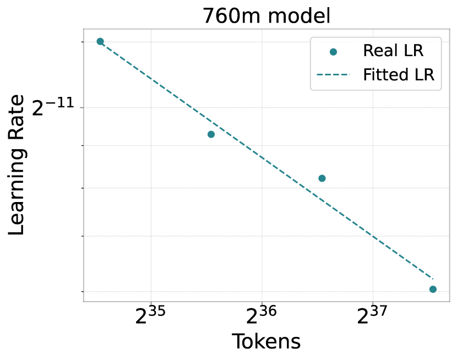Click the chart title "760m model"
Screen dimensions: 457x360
coord(266,16)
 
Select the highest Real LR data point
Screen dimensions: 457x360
coord(100,41)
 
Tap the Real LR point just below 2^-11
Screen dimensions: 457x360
coord(211,134)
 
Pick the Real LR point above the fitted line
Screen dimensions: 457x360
coord(322,178)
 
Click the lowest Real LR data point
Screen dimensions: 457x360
coord(433,289)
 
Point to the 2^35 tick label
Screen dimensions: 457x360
coord(150,315)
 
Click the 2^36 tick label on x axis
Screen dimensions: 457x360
coord(261,315)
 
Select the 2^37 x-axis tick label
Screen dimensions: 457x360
coord(372,315)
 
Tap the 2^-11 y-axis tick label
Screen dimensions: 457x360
coord(53,107)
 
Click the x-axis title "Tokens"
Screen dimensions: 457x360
coord(266,341)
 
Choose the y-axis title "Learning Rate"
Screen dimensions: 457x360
coord(17,165)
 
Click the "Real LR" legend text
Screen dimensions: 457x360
coord(393,51)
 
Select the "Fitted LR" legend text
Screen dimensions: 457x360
coord(399,74)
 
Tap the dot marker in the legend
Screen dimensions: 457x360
coord(333,52)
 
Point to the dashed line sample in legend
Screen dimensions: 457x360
coord(333,75)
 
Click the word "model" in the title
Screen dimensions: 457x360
coord(300,16)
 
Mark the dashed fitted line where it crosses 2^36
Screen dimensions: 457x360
coord(262,157)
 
